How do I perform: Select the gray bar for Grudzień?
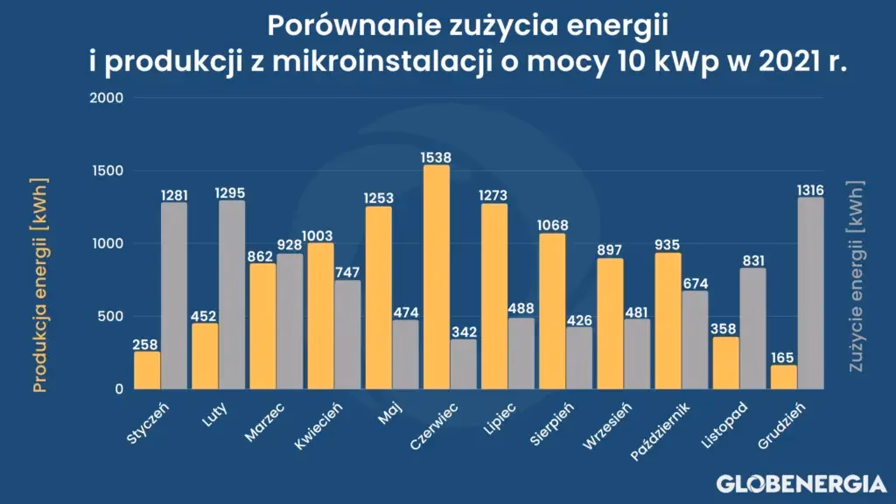(811, 293)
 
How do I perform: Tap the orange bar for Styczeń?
(147, 370)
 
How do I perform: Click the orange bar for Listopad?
(725, 363)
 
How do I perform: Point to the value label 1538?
(437, 157)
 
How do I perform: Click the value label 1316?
(811, 190)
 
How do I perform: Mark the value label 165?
(784, 357)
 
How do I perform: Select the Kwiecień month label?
(318, 426)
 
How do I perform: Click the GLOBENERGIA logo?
(801, 482)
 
